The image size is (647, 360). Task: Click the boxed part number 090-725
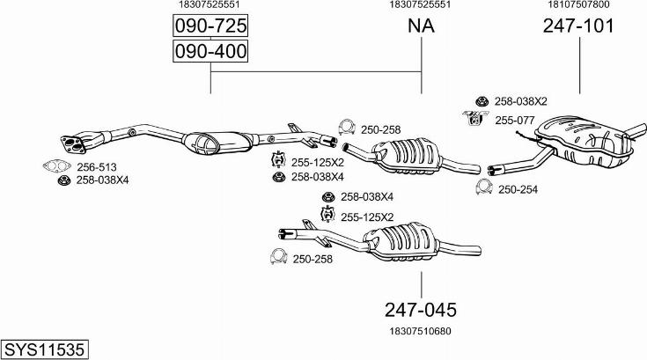[210, 26]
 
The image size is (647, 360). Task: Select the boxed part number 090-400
[210, 53]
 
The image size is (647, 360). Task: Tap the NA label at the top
[421, 26]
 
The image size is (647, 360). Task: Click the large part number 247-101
[578, 26]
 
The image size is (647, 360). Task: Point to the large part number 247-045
[421, 310]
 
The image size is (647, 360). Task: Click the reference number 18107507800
[578, 4]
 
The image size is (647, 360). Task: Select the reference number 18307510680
[421, 331]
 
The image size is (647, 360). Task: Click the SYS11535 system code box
[45, 349]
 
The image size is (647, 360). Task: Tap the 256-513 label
[96, 166]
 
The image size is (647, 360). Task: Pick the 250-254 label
[518, 188]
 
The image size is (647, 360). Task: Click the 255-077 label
[515, 120]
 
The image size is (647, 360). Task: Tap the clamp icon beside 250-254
[483, 187]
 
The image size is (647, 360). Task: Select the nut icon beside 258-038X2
[482, 100]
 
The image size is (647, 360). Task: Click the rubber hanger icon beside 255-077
[473, 118]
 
